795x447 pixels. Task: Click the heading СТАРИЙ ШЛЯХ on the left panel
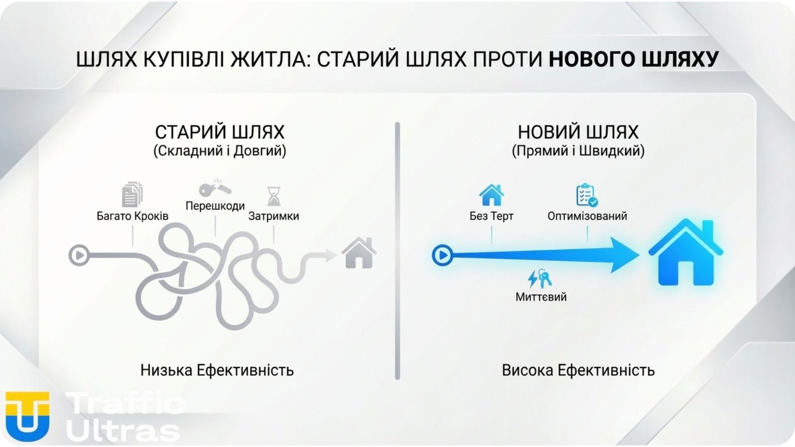219,132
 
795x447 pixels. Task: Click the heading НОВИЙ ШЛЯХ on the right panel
578,132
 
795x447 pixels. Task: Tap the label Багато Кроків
132,216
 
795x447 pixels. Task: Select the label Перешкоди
215,206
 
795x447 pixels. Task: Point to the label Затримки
274,216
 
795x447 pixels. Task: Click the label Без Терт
491,216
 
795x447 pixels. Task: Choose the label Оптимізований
587,216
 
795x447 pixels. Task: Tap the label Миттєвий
541,297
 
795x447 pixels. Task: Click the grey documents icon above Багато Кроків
132,194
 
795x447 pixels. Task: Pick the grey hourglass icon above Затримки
274,196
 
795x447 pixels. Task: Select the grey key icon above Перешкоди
214,189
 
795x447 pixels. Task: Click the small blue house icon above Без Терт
491,195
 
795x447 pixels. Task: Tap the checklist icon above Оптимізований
587,195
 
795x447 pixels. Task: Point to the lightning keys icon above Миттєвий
540,279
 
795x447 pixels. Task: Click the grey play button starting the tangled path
79,255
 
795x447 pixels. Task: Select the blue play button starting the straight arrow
442,255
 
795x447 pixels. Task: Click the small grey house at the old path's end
359,253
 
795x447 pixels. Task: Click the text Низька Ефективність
217,370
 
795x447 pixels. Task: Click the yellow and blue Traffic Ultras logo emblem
28,416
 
